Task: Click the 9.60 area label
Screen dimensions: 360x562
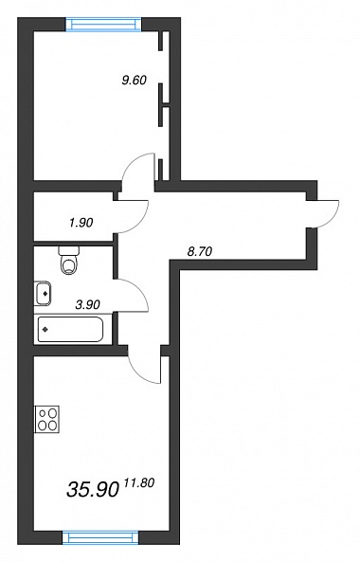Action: pyautogui.click(x=135, y=81)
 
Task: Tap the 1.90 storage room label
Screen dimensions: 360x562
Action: pyautogui.click(x=81, y=223)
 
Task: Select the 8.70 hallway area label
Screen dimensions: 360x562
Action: pyautogui.click(x=200, y=251)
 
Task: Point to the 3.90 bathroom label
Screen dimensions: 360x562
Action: pyautogui.click(x=88, y=305)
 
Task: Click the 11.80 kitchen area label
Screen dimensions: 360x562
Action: pyautogui.click(x=139, y=483)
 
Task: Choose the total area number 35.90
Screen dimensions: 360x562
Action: pyautogui.click(x=93, y=490)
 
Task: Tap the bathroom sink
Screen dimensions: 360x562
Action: pyautogui.click(x=43, y=294)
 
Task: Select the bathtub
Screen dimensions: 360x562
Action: pyautogui.click(x=70, y=330)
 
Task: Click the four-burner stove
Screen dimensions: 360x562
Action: pyautogui.click(x=47, y=419)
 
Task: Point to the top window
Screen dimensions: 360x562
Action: pyautogui.click(x=104, y=25)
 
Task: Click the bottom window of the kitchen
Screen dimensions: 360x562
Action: pyautogui.click(x=100, y=537)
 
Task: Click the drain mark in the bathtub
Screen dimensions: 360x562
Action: pyautogui.click(x=45, y=330)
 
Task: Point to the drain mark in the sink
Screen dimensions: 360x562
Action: pyautogui.click(x=45, y=294)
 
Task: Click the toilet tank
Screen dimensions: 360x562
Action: pyautogui.click(x=69, y=250)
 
